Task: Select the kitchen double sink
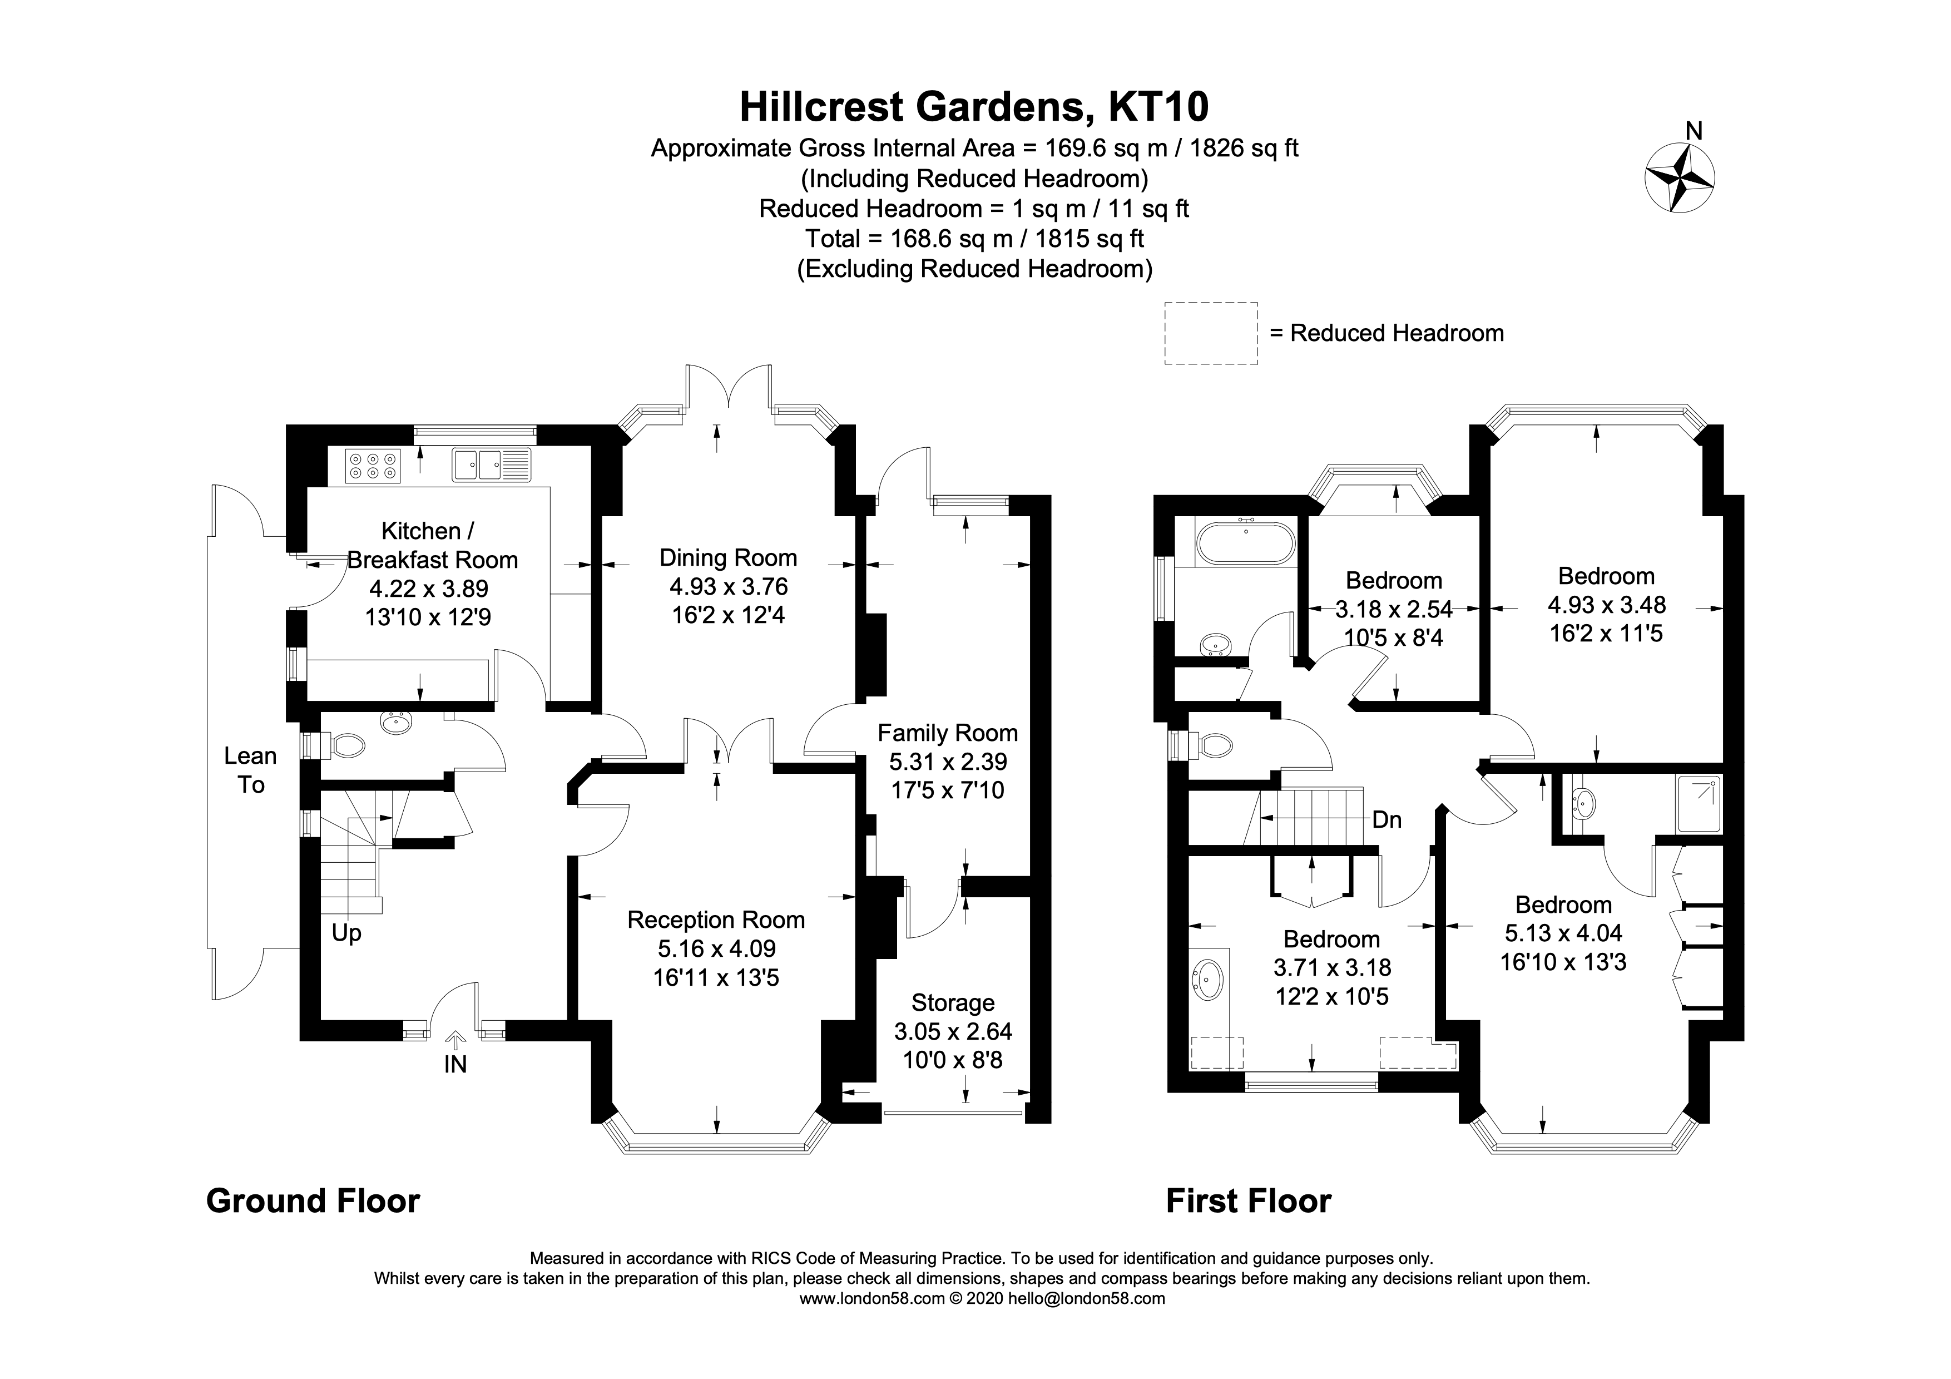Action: [x=478, y=464]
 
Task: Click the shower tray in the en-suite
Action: [x=1699, y=803]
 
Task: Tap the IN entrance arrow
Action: [x=455, y=1040]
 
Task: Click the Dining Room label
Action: [x=728, y=558]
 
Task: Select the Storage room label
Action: [x=953, y=1002]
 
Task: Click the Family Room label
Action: [x=948, y=733]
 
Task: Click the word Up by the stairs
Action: [x=346, y=932]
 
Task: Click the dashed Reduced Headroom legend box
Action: [x=1210, y=333]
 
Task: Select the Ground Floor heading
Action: [x=313, y=1200]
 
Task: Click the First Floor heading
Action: [x=1248, y=1200]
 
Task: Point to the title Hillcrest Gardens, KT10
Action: [x=974, y=107]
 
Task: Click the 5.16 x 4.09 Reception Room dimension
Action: [x=716, y=948]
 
